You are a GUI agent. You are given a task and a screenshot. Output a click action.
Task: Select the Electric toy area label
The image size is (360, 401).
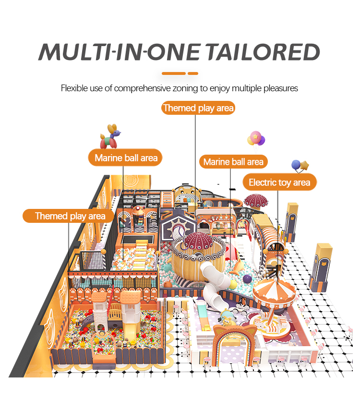[x=279, y=182]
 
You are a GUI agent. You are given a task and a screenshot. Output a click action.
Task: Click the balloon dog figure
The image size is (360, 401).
[x=109, y=137]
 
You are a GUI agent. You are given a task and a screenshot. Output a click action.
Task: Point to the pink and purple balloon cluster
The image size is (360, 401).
[x=256, y=138]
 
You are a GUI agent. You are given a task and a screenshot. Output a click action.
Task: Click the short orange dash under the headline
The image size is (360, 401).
[x=193, y=73]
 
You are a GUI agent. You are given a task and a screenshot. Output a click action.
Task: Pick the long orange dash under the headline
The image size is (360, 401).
[x=173, y=73]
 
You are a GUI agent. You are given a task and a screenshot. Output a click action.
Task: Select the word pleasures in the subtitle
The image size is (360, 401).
[x=282, y=88]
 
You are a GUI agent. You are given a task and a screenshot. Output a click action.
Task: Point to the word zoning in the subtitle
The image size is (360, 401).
[x=192, y=88]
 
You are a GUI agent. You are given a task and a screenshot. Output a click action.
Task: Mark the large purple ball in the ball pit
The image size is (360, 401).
[x=247, y=278]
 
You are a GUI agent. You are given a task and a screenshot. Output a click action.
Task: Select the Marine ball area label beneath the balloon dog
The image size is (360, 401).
[x=126, y=158]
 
